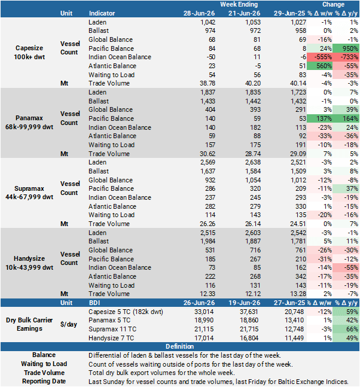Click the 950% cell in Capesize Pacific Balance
pyautogui.click(x=346, y=48)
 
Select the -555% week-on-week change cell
pyautogui.click(x=319, y=57)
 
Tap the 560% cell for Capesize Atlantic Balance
pyautogui.click(x=319, y=66)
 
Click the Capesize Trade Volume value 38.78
pyautogui.click(x=208, y=83)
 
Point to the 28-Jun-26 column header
pyautogui.click(x=199, y=13)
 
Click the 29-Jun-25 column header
pyautogui.click(x=289, y=13)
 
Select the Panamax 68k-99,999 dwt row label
pyautogui.click(x=29, y=123)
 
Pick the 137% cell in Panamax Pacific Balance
pyautogui.click(x=319, y=118)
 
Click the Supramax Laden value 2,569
pyautogui.click(x=208, y=163)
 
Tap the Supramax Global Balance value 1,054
pyautogui.click(x=253, y=180)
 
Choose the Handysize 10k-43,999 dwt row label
pyautogui.click(x=29, y=263)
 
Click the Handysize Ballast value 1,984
pyautogui.click(x=208, y=242)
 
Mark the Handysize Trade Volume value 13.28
pyautogui.click(x=298, y=294)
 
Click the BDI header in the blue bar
pyautogui.click(x=94, y=303)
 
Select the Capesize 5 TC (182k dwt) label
pyautogui.click(x=126, y=312)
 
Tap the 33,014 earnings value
pyautogui.click(x=204, y=312)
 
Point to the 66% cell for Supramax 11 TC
pyautogui.click(x=346, y=329)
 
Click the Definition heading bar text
pyautogui.click(x=179, y=346)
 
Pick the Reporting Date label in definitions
pyautogui.click(x=44, y=382)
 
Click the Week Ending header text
pyautogui.click(x=239, y=4)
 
